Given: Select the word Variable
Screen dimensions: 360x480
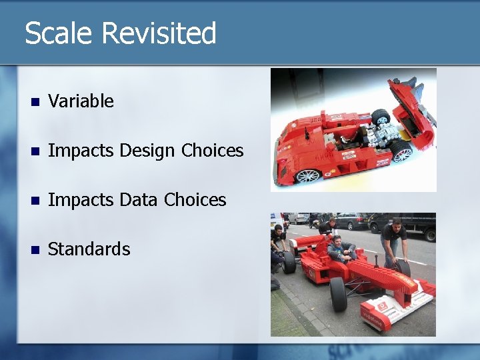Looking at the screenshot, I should [81, 101].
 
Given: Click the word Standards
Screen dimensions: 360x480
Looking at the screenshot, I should [89, 249].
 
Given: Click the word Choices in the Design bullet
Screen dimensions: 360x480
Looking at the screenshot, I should [213, 151].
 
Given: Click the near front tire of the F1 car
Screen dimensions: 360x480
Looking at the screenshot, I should [339, 293].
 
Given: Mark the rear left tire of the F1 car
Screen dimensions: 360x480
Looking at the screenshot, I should [289, 261].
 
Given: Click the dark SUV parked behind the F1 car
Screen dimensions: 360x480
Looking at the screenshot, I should [349, 221].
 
